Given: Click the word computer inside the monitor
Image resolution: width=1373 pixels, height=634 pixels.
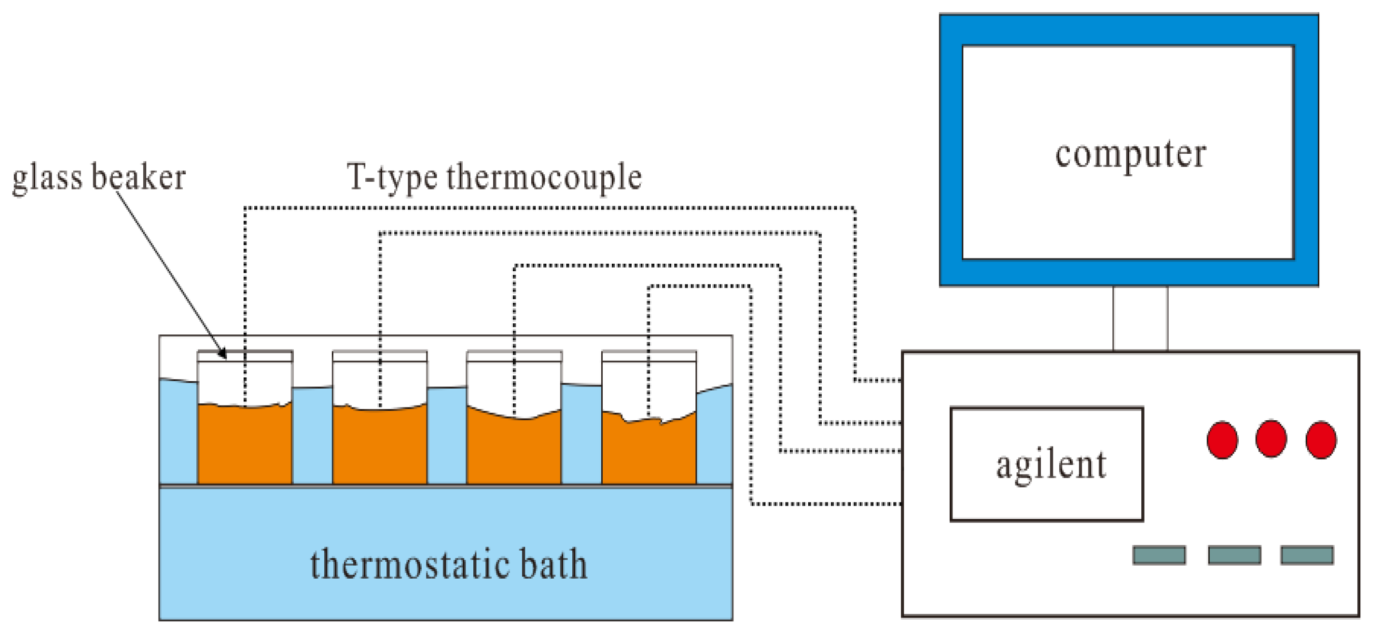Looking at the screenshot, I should click(1130, 155).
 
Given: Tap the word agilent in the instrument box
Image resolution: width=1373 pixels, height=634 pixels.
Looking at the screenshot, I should click(1050, 465).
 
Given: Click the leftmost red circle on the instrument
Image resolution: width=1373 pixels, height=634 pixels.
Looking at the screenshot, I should click(1222, 439).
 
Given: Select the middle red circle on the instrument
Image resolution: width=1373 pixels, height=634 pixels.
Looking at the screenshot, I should click(1271, 439).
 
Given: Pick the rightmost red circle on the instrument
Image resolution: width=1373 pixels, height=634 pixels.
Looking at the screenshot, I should click(1321, 439).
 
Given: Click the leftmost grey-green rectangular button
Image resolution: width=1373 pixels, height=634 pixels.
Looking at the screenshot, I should click(1159, 555).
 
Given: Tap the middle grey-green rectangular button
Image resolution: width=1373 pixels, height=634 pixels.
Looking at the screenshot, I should click(1235, 555).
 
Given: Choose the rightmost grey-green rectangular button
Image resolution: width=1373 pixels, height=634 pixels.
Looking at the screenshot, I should click(1307, 555).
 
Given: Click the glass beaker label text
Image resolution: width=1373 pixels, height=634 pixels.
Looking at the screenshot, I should click(98, 177).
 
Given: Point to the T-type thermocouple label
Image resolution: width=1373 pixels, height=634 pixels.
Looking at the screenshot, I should click(494, 177).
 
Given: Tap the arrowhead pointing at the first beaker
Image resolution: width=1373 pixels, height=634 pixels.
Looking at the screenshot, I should click(223, 354).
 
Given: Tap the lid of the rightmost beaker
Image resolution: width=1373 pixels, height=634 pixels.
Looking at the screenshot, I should click(649, 355).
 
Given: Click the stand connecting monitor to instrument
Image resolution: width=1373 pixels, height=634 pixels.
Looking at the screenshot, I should click(1140, 319).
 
